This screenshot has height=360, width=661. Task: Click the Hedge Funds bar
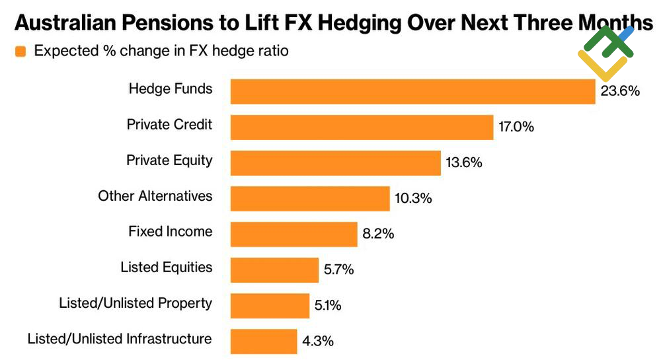pos(412,91)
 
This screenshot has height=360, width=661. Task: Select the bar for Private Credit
pos(362,127)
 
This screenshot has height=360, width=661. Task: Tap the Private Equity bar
pos(335,162)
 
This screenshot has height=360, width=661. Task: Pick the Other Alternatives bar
pos(310,198)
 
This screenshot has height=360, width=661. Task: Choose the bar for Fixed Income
pos(293,234)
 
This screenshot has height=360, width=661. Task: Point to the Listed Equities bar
pos(274,270)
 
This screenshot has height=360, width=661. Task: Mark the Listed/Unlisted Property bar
pos(270,305)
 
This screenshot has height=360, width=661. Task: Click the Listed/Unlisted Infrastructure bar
pos(264,341)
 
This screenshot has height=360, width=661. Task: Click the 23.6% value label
pos(620,91)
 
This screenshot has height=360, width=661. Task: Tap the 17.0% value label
pos(516,127)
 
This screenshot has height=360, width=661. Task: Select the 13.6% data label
pos(463,162)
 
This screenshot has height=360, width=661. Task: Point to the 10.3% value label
pos(413,198)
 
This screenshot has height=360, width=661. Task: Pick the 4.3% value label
pos(318,342)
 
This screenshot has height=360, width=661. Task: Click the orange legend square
pos(20,52)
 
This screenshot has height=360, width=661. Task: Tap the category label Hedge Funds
pos(171,89)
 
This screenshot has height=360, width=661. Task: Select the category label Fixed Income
pos(171,231)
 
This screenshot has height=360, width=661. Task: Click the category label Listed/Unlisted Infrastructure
pos(120,339)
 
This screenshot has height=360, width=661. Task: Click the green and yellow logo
pos(605,53)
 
